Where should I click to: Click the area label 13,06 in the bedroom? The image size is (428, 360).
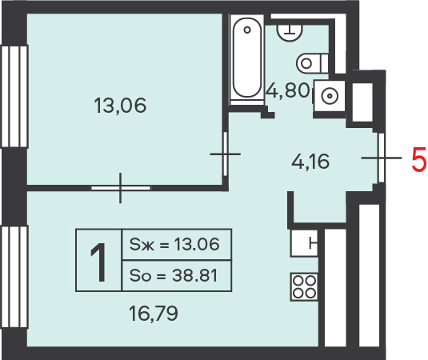(x=120, y=106)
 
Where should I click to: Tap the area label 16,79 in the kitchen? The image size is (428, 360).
(x=154, y=314)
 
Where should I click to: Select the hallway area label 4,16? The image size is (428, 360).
(x=310, y=162)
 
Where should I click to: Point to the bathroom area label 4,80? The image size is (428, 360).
(x=288, y=90)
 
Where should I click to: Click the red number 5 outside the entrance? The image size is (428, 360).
(x=419, y=159)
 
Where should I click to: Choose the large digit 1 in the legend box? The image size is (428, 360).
(x=98, y=262)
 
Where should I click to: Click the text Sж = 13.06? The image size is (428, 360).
(x=174, y=244)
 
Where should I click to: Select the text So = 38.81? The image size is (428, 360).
(x=174, y=275)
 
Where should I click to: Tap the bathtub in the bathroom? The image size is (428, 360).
(x=247, y=59)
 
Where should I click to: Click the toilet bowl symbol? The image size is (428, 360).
(x=313, y=63)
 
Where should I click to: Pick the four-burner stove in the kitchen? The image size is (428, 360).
(x=304, y=286)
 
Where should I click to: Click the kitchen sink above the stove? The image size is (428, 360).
(x=304, y=243)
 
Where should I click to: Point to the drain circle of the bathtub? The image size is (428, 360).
(x=247, y=30)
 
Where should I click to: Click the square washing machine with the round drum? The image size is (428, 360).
(x=330, y=95)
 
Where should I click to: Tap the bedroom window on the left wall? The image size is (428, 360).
(x=14, y=97)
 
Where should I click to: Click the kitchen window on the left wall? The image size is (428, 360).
(x=14, y=277)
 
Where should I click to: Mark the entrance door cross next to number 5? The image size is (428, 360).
(x=382, y=158)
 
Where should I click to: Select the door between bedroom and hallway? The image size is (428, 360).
(x=225, y=154)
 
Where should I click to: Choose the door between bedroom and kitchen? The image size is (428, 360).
(x=120, y=188)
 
